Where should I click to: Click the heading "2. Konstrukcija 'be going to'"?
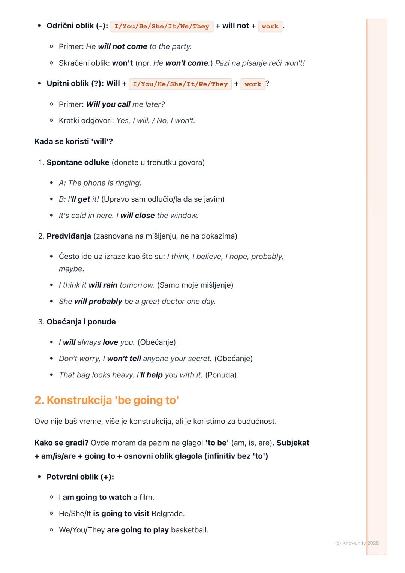pos(106,400)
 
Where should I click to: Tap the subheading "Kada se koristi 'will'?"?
pos(73,142)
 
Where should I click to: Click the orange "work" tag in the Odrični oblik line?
pos(270,26)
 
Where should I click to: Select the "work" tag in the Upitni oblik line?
pos(253,84)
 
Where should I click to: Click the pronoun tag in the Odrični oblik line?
pos(162,26)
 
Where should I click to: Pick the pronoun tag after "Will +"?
pos(180,84)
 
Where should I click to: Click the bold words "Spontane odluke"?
pos(78,162)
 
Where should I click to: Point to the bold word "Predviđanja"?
pos(69,236)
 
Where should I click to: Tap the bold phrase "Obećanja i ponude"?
pos(81,322)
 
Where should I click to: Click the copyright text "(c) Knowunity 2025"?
pos(357,543)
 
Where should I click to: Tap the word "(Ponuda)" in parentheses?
pos(221,375)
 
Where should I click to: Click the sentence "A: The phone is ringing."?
pos(100,183)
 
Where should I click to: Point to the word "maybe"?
pos(70,269)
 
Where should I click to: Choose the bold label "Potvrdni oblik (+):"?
pos(80,477)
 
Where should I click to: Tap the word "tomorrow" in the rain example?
pos(136,285)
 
